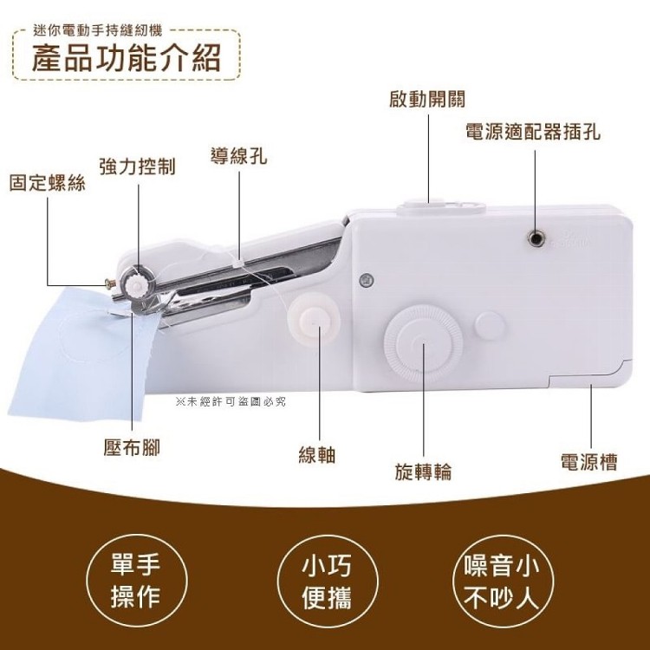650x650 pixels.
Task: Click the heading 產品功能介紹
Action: (126, 57)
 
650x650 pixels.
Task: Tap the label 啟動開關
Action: (427, 99)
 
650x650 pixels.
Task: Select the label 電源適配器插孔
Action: (533, 133)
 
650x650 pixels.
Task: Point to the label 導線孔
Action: (239, 156)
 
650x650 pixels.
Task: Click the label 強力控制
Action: (138, 166)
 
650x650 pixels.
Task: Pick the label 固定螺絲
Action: (48, 183)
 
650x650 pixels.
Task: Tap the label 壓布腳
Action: (132, 448)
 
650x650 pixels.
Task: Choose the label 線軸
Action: (317, 454)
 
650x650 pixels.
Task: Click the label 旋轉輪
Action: (423, 471)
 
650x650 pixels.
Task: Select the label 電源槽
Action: (589, 461)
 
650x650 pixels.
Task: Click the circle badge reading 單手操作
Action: (136, 581)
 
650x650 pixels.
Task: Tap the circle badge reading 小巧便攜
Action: (327, 581)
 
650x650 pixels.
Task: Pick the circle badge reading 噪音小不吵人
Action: (502, 581)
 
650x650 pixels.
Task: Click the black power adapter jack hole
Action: (535, 238)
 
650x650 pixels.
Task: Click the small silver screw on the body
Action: (367, 281)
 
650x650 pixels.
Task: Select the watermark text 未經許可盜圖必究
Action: (231, 401)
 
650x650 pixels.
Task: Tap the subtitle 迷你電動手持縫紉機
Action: (98, 30)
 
